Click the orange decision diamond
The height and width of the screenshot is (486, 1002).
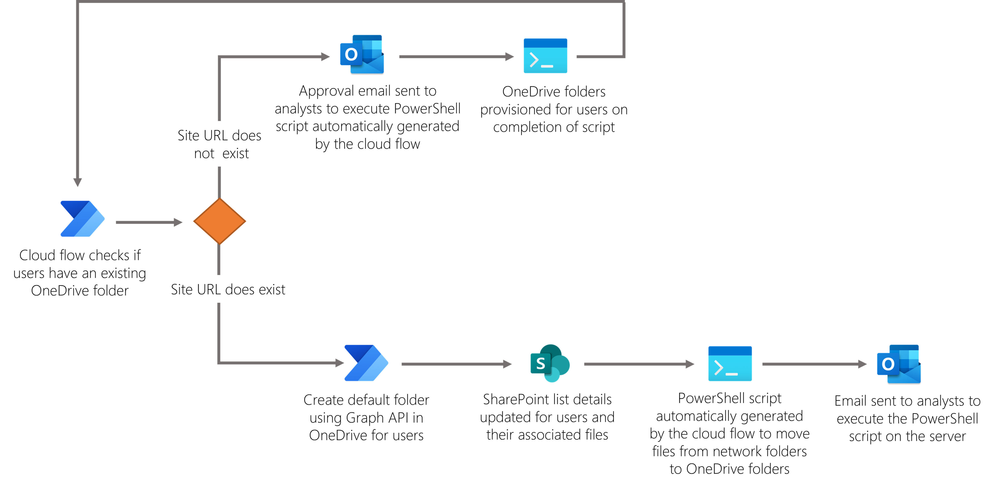(x=219, y=221)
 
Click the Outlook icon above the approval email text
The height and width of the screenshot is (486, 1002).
(x=362, y=55)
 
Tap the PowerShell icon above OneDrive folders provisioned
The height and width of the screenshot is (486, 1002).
(x=545, y=56)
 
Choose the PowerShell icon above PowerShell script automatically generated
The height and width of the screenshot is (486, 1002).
(x=730, y=363)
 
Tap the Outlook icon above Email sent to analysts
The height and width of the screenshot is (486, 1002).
(x=898, y=364)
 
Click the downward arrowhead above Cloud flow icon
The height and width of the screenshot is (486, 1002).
(x=78, y=182)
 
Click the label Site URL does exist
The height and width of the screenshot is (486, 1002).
(x=228, y=289)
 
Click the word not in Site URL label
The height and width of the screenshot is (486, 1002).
(x=204, y=154)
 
